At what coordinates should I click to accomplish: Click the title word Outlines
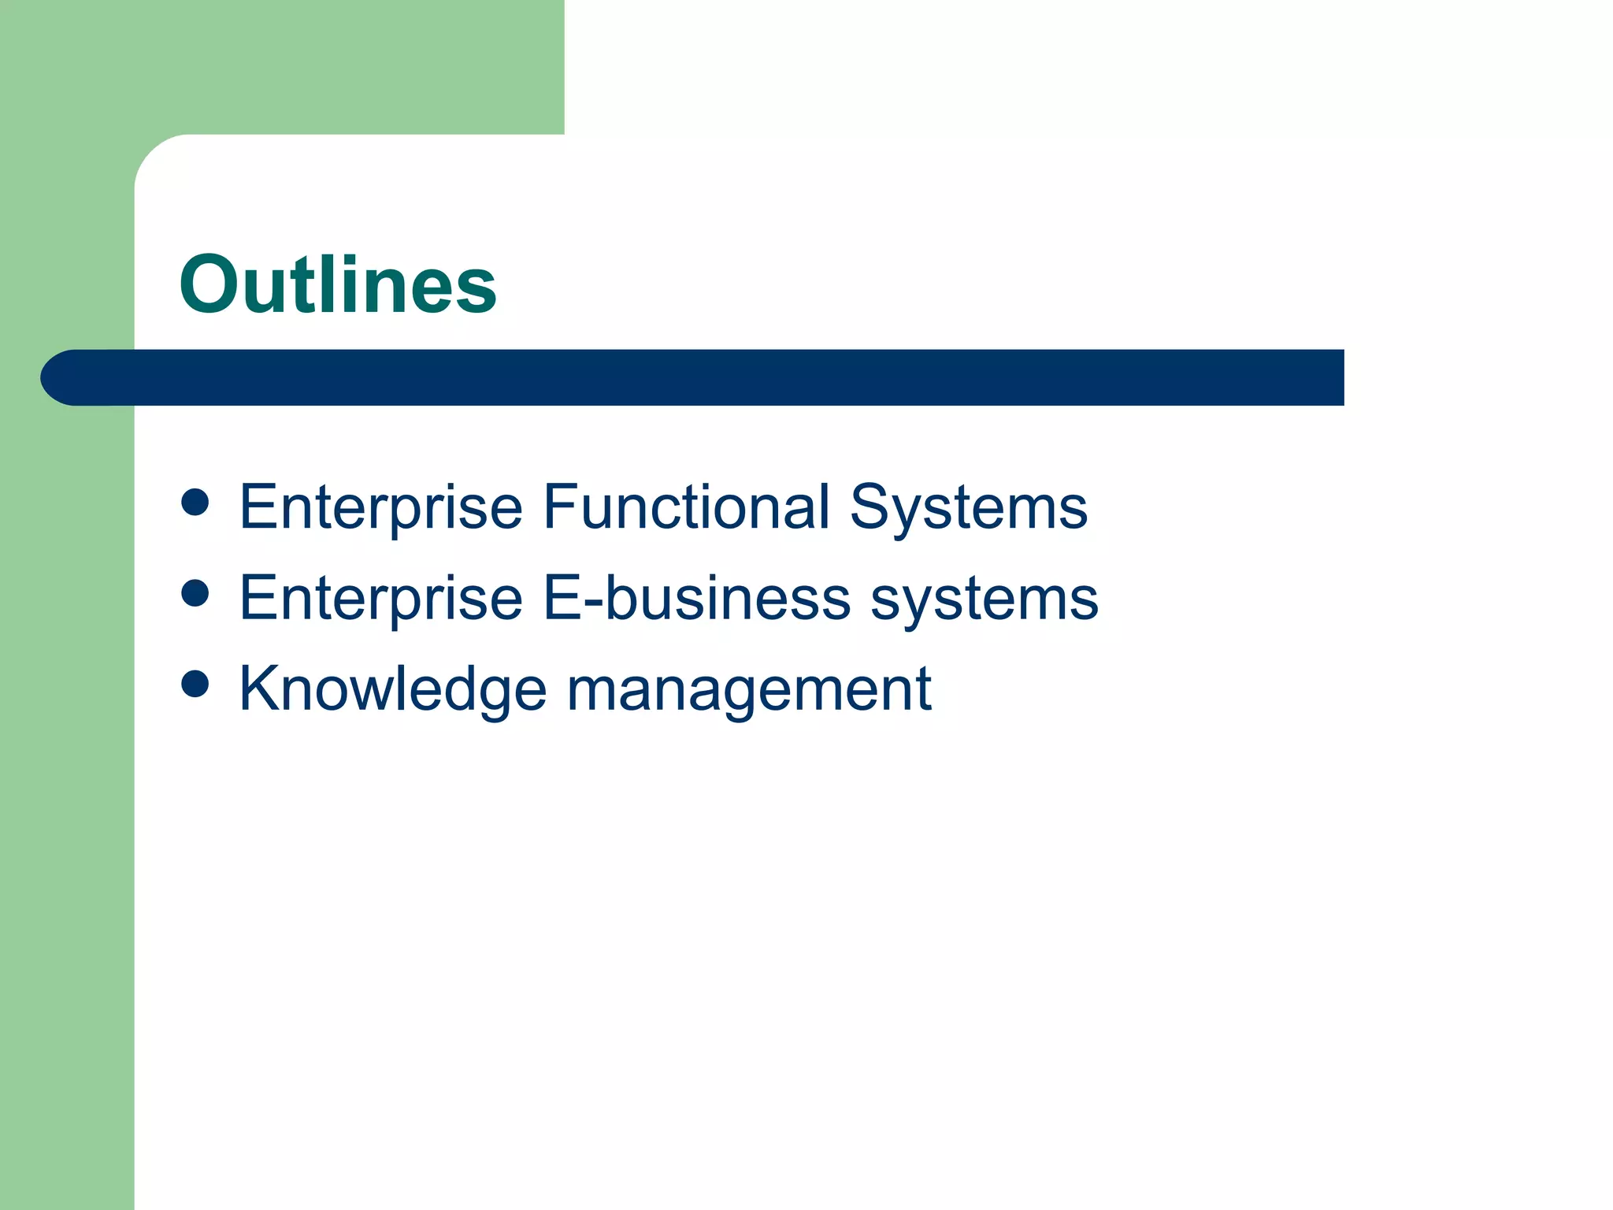[x=338, y=284]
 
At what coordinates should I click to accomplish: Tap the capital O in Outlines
[x=210, y=284]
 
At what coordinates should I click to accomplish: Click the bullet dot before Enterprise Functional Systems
[x=195, y=503]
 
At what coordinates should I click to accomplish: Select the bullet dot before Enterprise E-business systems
[x=195, y=593]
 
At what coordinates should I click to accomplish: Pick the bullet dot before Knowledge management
[x=195, y=684]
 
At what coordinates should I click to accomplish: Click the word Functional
[x=686, y=507]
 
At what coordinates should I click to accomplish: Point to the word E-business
[x=697, y=597]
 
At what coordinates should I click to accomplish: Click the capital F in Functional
[x=560, y=507]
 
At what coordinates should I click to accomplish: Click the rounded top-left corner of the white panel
[x=151, y=152]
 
